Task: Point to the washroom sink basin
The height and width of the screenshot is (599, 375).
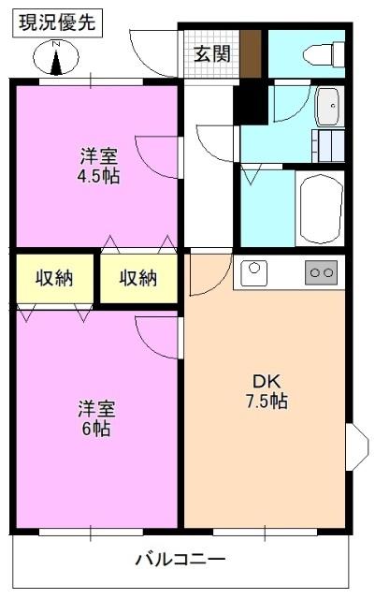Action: coord(328,106)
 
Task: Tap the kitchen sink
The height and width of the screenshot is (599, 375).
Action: coord(254,273)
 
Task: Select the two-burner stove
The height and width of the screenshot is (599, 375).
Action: coord(321,273)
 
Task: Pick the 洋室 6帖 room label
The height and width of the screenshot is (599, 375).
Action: coord(94,418)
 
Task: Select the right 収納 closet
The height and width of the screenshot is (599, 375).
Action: coord(137,278)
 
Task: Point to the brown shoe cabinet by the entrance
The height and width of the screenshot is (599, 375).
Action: coord(251,54)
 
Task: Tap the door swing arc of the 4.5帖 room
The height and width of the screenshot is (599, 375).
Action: coord(153,153)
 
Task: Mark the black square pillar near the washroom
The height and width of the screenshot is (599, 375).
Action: coord(249,104)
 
